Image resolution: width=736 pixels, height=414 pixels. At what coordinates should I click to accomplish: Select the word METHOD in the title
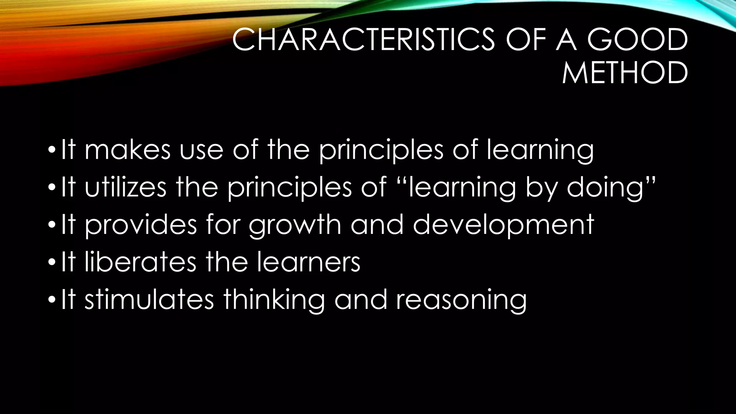[x=625, y=73]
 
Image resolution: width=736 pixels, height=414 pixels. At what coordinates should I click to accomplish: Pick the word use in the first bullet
[x=201, y=150]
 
